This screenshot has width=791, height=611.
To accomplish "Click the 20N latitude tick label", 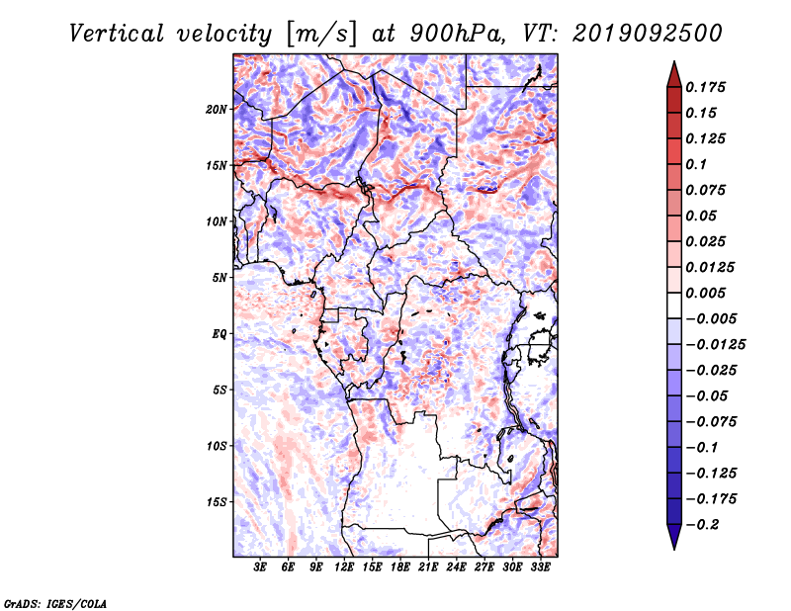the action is click(217, 110).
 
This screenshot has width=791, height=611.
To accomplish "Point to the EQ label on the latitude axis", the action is click(220, 334).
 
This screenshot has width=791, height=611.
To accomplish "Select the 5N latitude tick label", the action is click(220, 278).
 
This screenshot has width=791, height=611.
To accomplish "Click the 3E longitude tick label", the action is click(260, 567).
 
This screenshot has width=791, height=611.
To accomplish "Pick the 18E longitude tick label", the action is click(400, 567).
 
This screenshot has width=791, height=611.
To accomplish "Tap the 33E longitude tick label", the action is click(540, 567).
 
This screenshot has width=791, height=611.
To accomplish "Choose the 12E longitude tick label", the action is click(344, 567).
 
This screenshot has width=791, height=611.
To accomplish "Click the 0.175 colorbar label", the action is click(705, 87).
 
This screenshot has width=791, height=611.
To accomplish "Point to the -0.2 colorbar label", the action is click(702, 525).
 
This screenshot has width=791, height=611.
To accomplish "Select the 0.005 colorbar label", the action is click(705, 293).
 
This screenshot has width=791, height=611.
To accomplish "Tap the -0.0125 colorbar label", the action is click(715, 345).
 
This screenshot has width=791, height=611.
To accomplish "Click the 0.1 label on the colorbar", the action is click(696, 164).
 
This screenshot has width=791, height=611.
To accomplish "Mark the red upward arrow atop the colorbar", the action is click(674, 74).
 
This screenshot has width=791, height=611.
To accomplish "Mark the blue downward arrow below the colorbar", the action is click(674, 537).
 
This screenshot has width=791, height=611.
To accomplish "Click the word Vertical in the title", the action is click(117, 34).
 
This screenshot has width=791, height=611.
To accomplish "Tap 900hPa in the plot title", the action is click(457, 34).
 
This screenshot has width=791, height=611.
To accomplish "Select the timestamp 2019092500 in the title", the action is click(648, 34).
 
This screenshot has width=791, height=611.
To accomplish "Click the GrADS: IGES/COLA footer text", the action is click(55, 603).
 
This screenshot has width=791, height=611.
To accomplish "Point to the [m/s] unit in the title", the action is click(321, 35).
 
